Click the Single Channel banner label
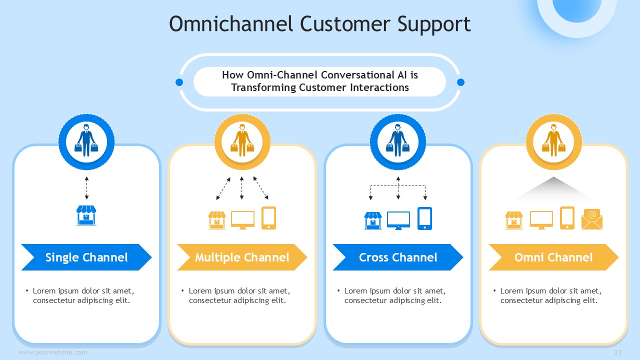[86, 257]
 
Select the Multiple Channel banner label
[242, 257]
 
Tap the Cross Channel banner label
[398, 257]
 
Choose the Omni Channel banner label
[553, 257]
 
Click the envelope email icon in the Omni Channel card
[592, 219]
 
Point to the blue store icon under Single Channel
[86, 215]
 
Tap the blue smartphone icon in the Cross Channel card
[425, 218]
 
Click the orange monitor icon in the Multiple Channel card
[242, 220]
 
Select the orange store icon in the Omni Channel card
[514, 220]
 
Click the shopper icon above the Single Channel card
[86, 140]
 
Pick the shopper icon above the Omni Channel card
[553, 140]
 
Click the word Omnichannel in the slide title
[231, 23]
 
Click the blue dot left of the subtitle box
[179, 82]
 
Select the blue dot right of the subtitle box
[461, 82]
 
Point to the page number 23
[618, 352]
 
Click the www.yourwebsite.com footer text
[52, 352]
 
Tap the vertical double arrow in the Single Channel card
[86, 187]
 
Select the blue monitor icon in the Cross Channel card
[398, 220]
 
